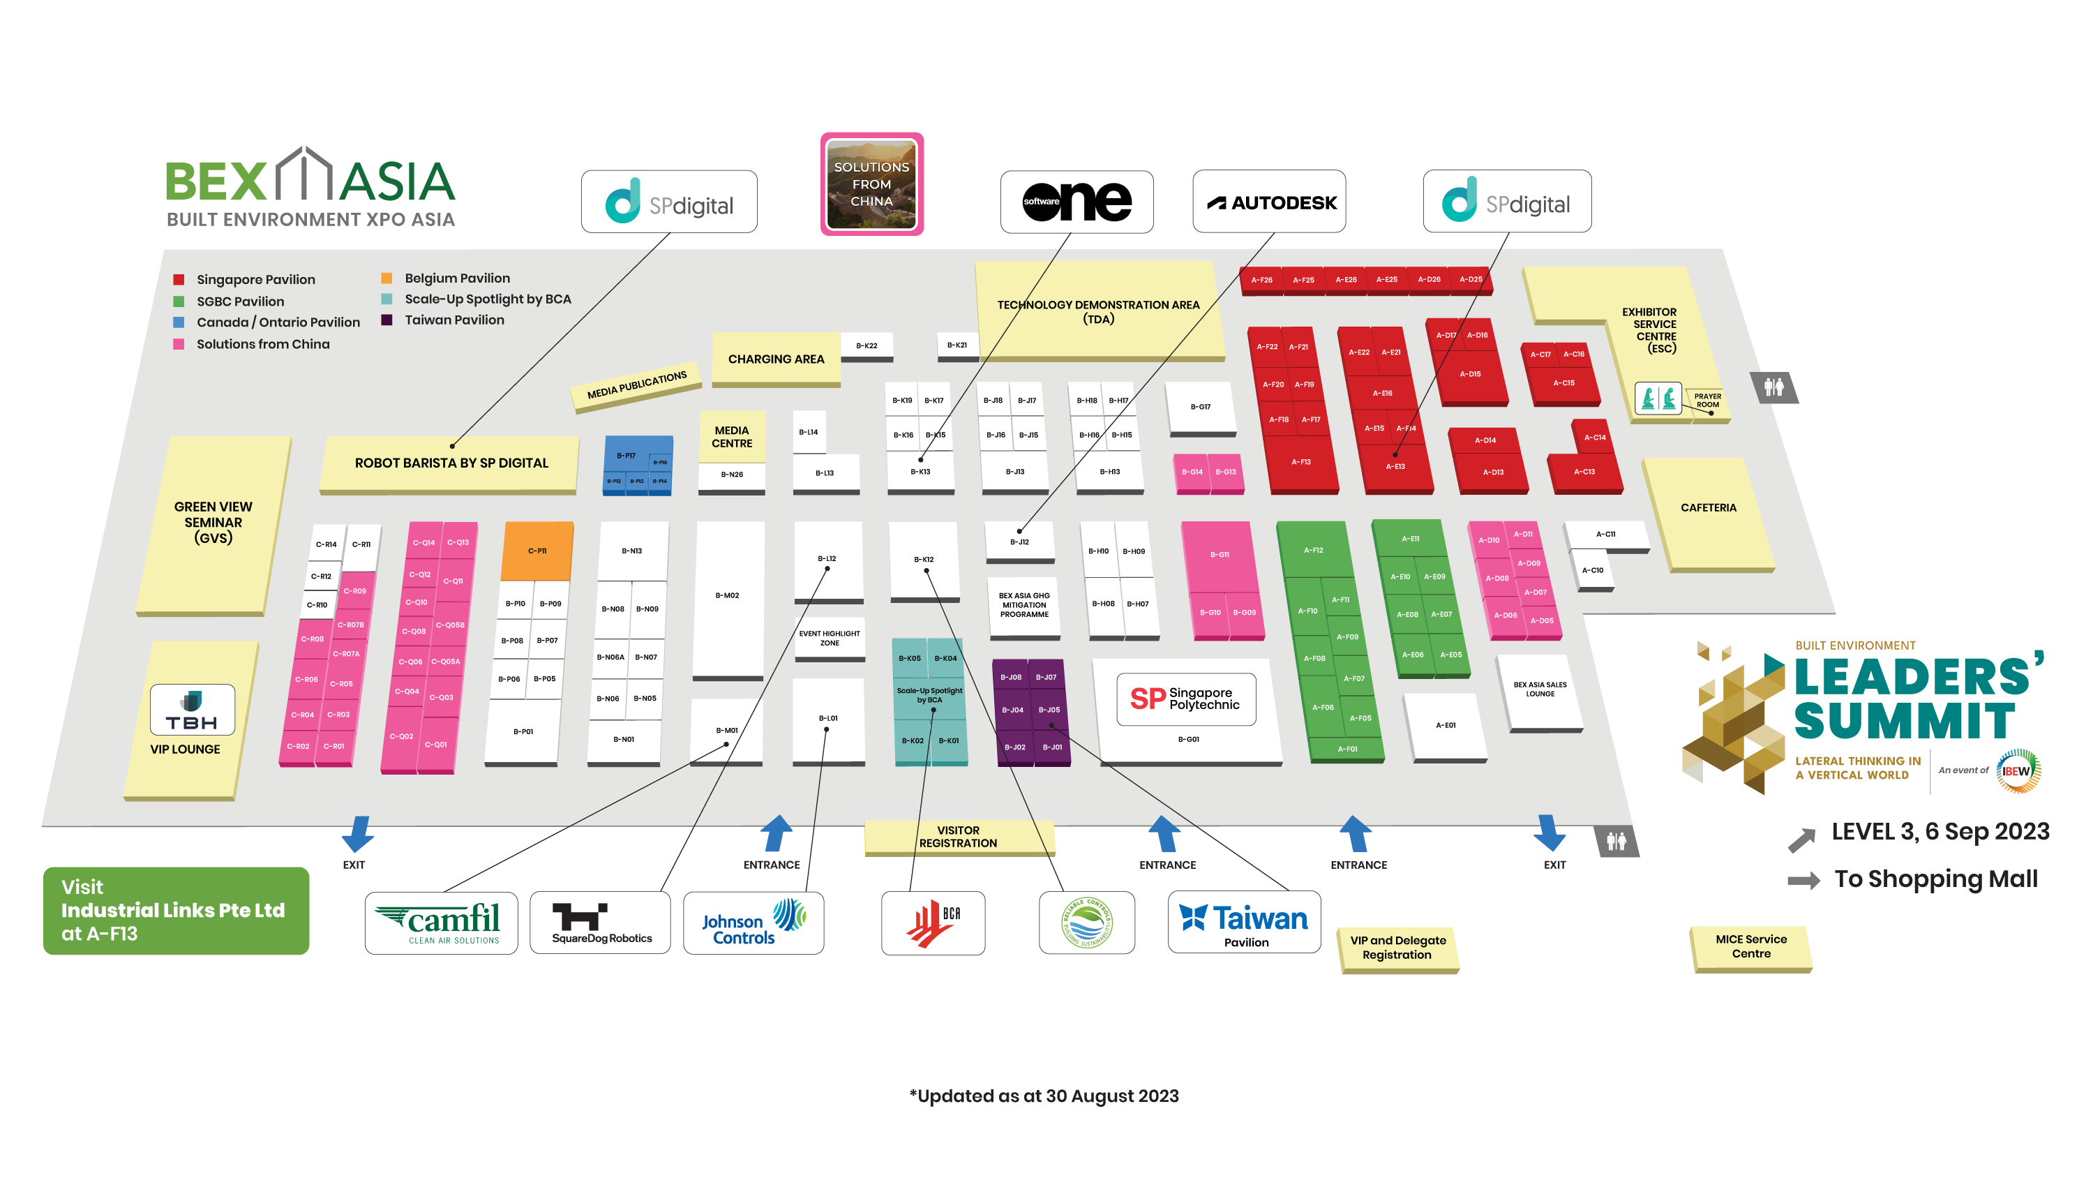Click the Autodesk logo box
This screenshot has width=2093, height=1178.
(x=1268, y=202)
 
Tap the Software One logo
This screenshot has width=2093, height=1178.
(x=1076, y=202)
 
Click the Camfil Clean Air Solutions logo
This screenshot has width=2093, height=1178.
(x=440, y=923)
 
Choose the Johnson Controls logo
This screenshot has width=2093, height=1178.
(x=753, y=923)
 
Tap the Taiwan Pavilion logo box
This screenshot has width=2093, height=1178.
(x=1243, y=923)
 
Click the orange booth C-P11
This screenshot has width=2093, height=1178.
(x=537, y=551)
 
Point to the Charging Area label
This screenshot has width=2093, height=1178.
(x=775, y=359)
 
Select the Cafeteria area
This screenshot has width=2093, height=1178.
(x=1708, y=508)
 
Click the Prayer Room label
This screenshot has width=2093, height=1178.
(x=1707, y=400)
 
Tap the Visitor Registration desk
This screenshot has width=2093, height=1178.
(x=958, y=837)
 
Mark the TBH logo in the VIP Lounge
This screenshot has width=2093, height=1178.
(x=193, y=710)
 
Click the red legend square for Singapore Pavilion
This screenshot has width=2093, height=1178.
(x=179, y=280)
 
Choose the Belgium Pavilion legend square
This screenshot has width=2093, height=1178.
(x=387, y=278)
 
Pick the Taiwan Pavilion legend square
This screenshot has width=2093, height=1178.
(x=387, y=320)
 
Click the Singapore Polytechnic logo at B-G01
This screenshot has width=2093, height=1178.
(x=1185, y=699)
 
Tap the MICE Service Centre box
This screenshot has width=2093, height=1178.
(x=1751, y=946)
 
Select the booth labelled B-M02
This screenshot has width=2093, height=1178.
(x=727, y=596)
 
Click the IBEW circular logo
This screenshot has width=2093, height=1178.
(x=2018, y=770)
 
